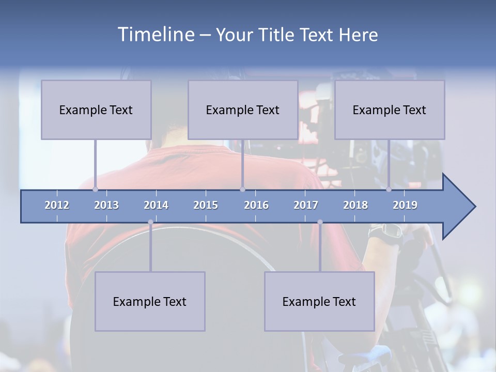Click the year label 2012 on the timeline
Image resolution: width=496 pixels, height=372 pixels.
pos(57,205)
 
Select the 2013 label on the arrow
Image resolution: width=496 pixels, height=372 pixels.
pos(106,205)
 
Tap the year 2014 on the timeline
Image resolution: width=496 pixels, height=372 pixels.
pos(156,205)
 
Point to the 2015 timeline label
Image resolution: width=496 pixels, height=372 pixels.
pos(206,205)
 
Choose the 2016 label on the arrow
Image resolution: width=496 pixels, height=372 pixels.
pos(256,205)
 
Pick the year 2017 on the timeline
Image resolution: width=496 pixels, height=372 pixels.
pos(306,205)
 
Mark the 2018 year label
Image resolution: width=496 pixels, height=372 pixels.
pos(355,205)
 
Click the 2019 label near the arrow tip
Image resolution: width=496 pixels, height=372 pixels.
pos(405,205)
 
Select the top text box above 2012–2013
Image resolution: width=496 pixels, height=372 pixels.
pos(96,110)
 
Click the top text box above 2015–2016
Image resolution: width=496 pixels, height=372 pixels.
pos(243,110)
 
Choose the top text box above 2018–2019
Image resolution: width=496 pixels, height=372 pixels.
pos(390,110)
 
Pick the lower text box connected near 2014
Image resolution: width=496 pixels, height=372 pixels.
pos(150,301)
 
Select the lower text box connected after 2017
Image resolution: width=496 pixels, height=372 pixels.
pos(319,301)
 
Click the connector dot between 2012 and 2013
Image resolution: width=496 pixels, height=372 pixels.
pos(95,190)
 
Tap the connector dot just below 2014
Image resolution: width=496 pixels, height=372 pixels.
pos(150,222)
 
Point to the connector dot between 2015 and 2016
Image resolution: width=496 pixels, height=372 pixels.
pos(242,190)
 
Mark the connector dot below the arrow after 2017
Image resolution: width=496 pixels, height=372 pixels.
pos(320,222)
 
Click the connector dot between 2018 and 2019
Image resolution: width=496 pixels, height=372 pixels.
pos(389,190)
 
